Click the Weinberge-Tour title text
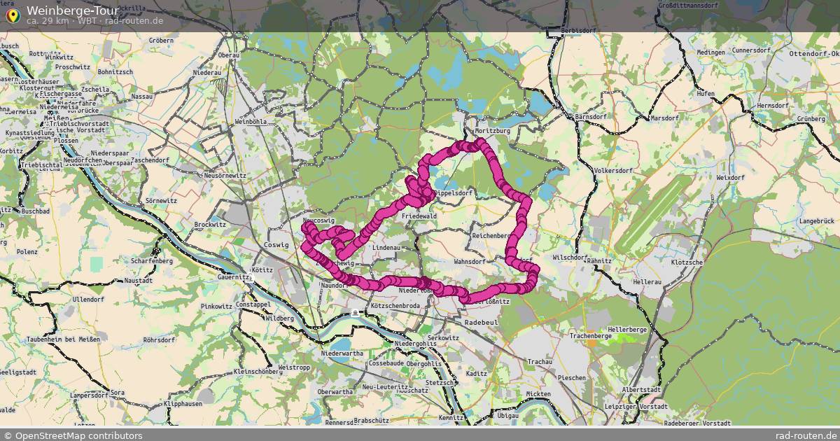click(x=72, y=10)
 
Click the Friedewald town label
click(x=419, y=217)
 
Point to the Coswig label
click(x=277, y=245)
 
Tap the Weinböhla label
click(x=251, y=121)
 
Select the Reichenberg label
click(x=492, y=237)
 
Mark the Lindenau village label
click(x=386, y=248)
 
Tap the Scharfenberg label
click(x=151, y=261)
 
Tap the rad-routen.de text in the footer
click(x=807, y=435)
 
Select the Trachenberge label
click(x=590, y=336)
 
